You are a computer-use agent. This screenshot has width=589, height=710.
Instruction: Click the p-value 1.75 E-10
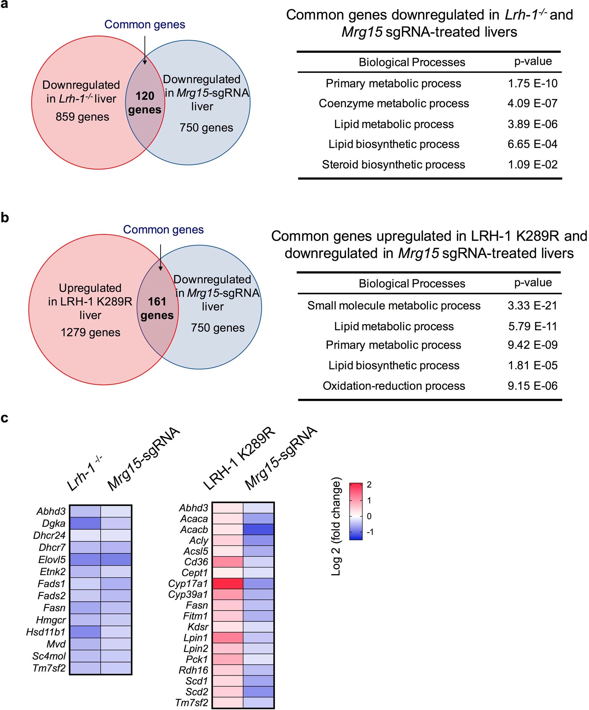[532, 83]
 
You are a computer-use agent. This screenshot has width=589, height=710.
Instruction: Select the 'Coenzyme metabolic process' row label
[394, 103]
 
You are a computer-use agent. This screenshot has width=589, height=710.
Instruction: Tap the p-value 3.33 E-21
[532, 306]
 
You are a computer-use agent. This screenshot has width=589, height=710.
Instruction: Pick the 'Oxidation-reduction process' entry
[394, 386]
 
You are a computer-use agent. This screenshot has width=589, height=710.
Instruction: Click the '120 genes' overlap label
[145, 103]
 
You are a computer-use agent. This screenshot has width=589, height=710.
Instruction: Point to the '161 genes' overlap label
[157, 308]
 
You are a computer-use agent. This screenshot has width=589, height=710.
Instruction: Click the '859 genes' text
[82, 117]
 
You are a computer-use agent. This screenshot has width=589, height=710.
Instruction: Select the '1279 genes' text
[90, 332]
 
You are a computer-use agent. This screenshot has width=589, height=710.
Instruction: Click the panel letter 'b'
[5, 217]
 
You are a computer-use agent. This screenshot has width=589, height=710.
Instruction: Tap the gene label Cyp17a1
[188, 584]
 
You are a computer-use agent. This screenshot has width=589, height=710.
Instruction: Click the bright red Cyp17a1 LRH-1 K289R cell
[227, 584]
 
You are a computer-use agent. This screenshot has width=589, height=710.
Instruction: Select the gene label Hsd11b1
[46, 632]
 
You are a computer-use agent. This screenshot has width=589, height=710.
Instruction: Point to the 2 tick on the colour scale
[369, 485]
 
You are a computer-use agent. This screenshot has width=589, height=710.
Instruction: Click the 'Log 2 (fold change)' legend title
[336, 526]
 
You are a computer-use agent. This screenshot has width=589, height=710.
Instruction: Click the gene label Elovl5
[52, 560]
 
